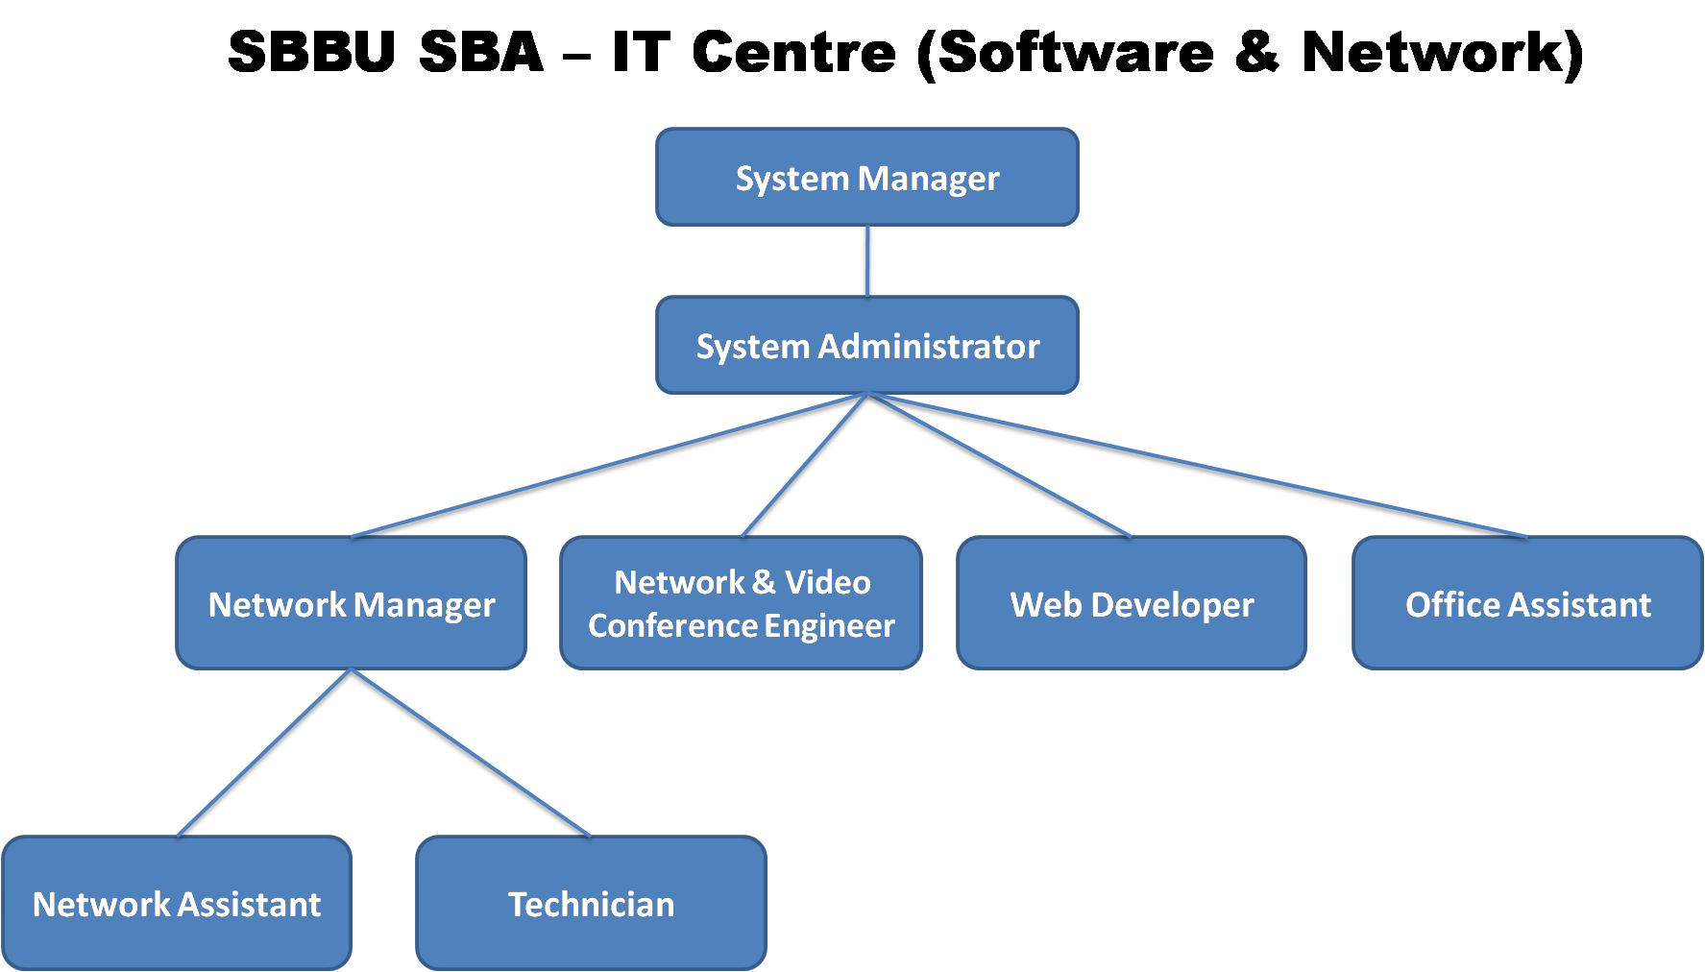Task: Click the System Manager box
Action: [x=866, y=178]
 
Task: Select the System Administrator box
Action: [x=866, y=346]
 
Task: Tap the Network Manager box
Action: [x=351, y=603]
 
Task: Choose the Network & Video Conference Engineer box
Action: [x=741, y=603]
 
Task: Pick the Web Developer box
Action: [x=1132, y=603]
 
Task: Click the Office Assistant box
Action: [x=1527, y=603]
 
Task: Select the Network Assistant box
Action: [x=177, y=903]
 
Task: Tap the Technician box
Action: [x=591, y=903]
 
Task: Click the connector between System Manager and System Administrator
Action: [x=867, y=261]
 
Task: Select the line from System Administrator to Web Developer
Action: [x=999, y=466]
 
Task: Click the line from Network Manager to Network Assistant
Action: [x=264, y=753]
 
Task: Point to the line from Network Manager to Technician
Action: [x=471, y=753]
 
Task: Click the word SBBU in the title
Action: [x=311, y=52]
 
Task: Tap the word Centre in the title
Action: [x=793, y=52]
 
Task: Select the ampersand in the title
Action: [x=1256, y=52]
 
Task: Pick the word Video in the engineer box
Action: [x=827, y=582]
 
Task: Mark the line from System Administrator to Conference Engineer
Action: [x=803, y=466]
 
